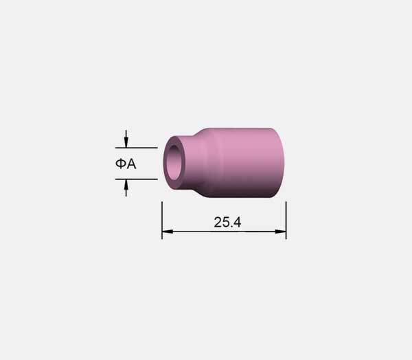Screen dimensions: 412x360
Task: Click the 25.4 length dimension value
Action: pyautogui.click(x=227, y=222)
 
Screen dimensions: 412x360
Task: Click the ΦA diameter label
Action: pyautogui.click(x=126, y=164)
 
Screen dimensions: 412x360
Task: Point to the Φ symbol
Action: pyautogui.click(x=121, y=164)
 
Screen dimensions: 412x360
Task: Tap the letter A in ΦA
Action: pyautogui.click(x=131, y=164)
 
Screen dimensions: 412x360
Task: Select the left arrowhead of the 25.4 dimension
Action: pyautogui.click(x=168, y=232)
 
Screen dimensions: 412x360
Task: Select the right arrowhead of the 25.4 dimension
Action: pyautogui.click(x=280, y=232)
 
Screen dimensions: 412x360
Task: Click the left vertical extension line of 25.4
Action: pyautogui.click(x=162, y=221)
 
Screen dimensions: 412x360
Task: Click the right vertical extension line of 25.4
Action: pyautogui.click(x=286, y=221)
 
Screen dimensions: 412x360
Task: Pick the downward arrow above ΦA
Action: pyautogui.click(x=126, y=139)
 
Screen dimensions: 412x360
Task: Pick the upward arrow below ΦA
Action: pyautogui.click(x=126, y=188)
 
